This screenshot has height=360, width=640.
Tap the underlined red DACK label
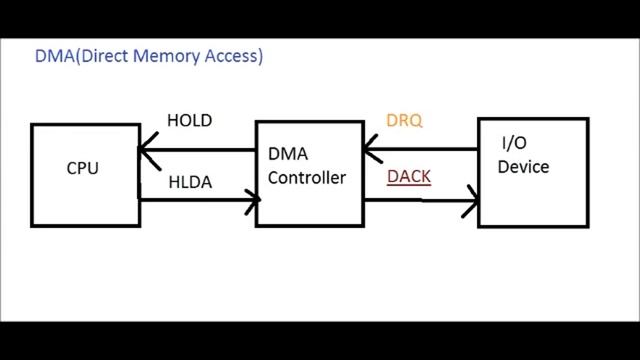(409, 176)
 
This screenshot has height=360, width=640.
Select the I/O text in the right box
(509, 145)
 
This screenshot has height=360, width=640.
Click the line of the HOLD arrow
(200, 150)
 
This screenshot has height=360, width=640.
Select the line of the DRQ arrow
(420, 150)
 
